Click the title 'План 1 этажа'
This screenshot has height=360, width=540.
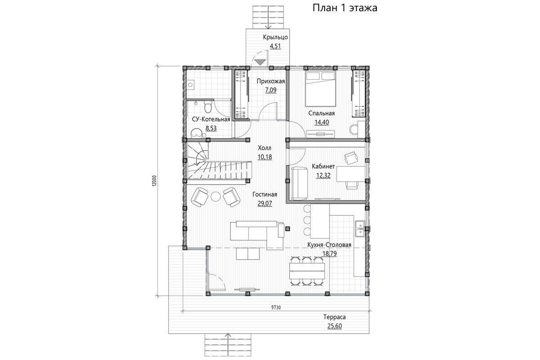[x=345, y=8]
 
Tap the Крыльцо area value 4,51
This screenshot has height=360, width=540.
[x=275, y=46]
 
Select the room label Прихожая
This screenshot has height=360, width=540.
[x=271, y=81]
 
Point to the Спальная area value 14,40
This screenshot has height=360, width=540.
[x=322, y=122]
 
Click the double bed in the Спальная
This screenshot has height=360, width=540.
[x=321, y=89]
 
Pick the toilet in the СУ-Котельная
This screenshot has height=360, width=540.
[x=208, y=107]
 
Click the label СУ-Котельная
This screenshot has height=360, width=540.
[x=211, y=119]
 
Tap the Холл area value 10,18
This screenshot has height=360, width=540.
[x=265, y=157]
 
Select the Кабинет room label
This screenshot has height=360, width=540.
[x=323, y=166]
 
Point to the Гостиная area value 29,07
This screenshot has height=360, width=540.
[x=265, y=203]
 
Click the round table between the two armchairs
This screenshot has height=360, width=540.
[x=216, y=197]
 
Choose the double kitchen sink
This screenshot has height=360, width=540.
[x=360, y=228]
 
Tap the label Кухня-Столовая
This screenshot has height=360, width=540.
[x=329, y=245]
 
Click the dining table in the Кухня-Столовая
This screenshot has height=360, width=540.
[x=307, y=271]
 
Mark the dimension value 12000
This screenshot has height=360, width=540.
[x=154, y=180]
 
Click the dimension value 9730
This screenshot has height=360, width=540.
[x=276, y=307]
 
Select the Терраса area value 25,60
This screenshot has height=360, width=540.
[x=335, y=326]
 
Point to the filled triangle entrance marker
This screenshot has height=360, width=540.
[x=260, y=62]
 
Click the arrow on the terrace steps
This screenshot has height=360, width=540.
[x=228, y=345]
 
